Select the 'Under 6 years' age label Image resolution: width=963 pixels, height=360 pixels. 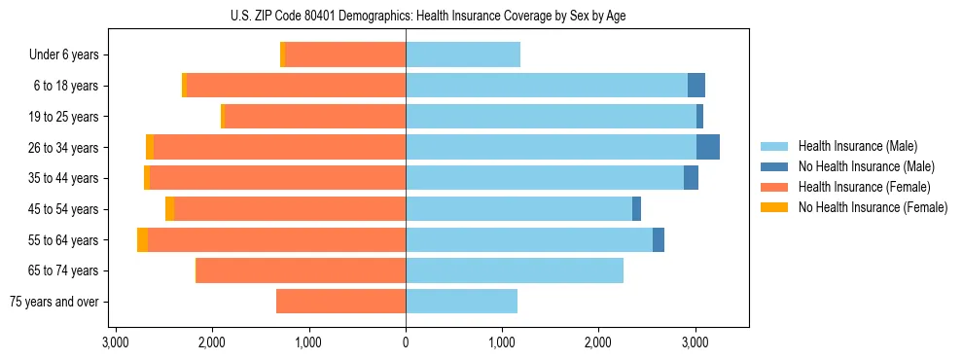(x=63, y=55)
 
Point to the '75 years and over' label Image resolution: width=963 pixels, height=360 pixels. (x=53, y=302)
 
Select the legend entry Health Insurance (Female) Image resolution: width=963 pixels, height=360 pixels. (x=864, y=187)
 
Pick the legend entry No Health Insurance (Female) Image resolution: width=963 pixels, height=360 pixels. (x=873, y=207)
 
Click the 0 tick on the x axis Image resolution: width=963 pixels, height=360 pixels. (x=406, y=342)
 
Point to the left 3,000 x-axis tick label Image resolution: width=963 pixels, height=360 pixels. (x=116, y=342)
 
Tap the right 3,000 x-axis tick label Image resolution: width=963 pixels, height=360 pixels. (x=695, y=342)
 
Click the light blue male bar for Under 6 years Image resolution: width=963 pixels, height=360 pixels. (x=463, y=54)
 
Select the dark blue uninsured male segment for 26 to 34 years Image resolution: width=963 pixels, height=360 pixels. (x=708, y=147)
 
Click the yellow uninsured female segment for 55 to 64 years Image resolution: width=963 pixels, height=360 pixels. (x=142, y=239)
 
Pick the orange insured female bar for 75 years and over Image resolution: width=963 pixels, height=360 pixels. (x=340, y=302)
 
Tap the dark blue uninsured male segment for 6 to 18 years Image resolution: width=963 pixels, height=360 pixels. (x=696, y=86)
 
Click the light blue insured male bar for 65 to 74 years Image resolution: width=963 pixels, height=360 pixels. (x=515, y=270)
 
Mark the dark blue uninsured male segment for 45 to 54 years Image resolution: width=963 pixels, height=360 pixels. (x=636, y=209)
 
